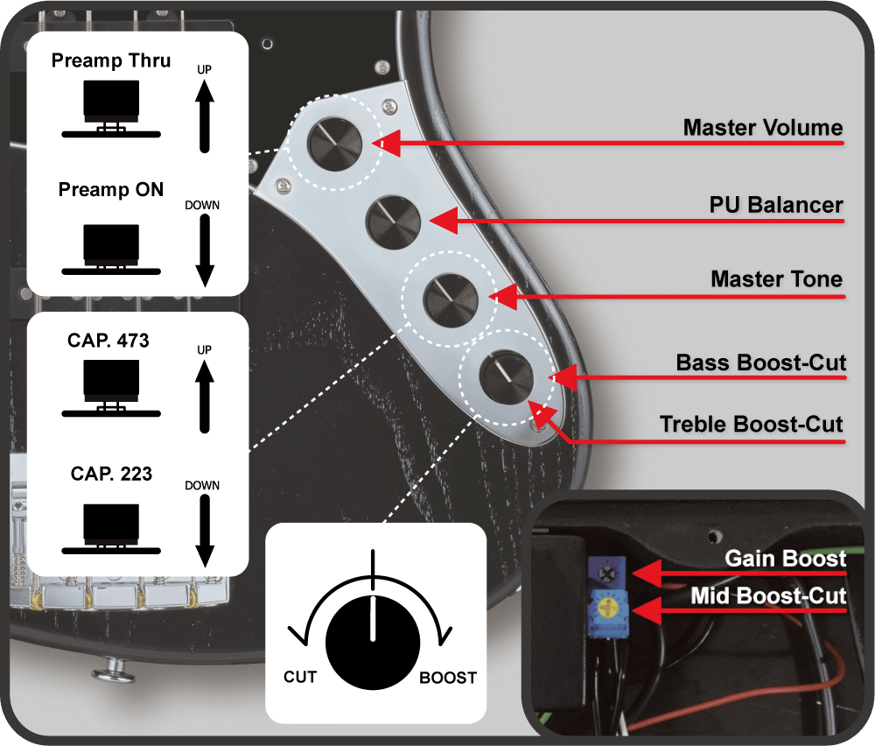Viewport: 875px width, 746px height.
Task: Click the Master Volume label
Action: coord(762,128)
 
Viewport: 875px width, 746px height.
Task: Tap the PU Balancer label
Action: coord(775,205)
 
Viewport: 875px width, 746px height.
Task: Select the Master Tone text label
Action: coord(776,279)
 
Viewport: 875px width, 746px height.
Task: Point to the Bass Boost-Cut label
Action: coord(760,362)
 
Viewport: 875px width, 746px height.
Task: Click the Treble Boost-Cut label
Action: coord(751,425)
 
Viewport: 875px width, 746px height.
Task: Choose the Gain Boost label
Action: coord(785,559)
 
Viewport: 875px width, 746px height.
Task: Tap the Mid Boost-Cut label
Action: coord(768,596)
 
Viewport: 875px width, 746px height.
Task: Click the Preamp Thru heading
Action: coord(111,60)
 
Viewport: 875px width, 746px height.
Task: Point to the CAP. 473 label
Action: coord(108,341)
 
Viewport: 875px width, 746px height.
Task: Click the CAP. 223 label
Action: coord(111,474)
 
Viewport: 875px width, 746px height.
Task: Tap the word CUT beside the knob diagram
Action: coord(300,677)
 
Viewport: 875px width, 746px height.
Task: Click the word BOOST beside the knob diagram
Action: coord(448,677)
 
